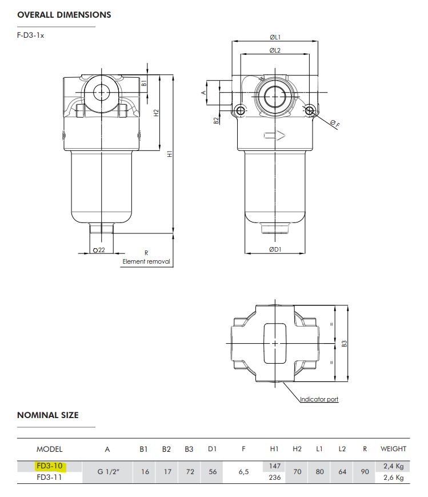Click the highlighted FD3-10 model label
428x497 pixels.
pyautogui.click(x=49, y=466)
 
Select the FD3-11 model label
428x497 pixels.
pyautogui.click(x=49, y=477)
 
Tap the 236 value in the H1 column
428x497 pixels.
pyautogui.click(x=275, y=477)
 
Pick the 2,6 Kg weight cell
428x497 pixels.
pyautogui.click(x=394, y=478)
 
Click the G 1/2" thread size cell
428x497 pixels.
pyautogui.click(x=109, y=472)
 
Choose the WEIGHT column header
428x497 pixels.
pyautogui.click(x=394, y=449)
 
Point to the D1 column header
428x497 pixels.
pyautogui.click(x=212, y=449)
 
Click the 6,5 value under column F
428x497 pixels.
pyautogui.click(x=243, y=472)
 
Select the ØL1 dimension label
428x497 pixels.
pyautogui.click(x=275, y=37)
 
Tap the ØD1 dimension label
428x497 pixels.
pyautogui.click(x=275, y=249)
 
